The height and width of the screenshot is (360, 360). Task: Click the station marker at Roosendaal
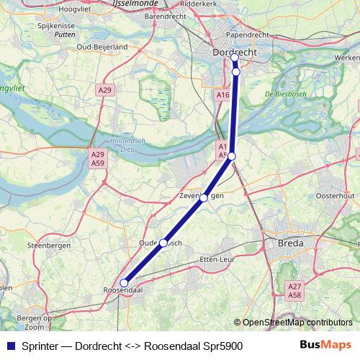124,283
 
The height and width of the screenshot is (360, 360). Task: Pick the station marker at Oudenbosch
163,243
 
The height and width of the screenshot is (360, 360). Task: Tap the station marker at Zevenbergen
204,197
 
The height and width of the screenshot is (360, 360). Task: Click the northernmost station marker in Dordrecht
235,58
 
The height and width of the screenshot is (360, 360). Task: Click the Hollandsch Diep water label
123,145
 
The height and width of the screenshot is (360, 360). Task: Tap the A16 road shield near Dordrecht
222,94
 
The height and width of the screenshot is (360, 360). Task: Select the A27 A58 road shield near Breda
294,290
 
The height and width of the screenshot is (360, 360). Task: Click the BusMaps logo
325,345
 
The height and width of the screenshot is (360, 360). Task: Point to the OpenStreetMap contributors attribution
296,322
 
